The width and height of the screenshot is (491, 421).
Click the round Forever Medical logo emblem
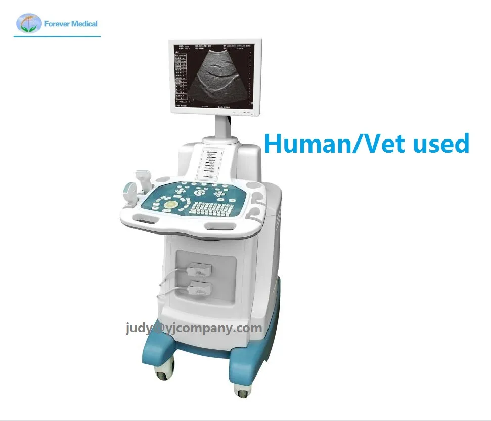pos(28,23)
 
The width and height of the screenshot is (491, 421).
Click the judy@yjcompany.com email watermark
pos(194,329)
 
